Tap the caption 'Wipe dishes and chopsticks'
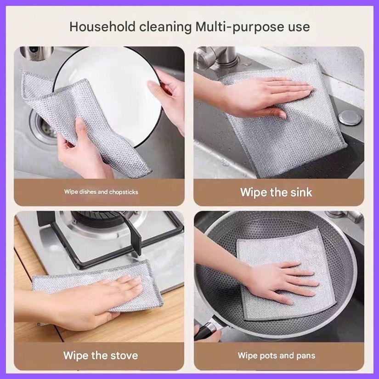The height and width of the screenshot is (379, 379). tap(101, 192)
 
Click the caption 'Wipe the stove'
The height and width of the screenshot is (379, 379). tap(101, 355)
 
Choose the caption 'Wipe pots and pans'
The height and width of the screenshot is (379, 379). tap(276, 355)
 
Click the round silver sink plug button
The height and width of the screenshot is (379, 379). tap(350, 117)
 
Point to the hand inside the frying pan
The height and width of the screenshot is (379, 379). tap(285, 280)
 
